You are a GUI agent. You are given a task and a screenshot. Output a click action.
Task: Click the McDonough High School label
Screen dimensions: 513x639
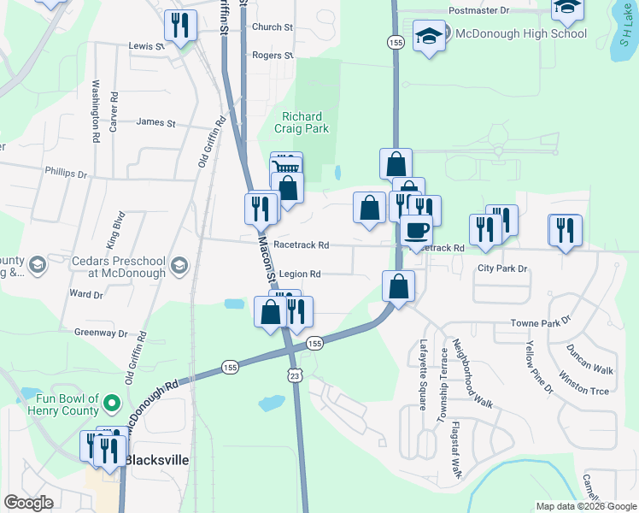520,34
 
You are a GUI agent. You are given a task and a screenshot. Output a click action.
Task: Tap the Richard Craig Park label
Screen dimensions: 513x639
302,122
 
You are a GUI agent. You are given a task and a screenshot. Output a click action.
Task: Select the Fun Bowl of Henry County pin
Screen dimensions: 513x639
111,402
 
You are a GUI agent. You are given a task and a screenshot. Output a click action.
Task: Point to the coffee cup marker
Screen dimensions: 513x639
416,231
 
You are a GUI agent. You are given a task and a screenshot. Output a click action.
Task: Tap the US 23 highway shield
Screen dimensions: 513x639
294,375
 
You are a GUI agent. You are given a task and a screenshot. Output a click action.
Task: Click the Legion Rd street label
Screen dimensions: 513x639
299,274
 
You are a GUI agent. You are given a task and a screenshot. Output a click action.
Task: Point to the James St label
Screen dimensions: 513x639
155,123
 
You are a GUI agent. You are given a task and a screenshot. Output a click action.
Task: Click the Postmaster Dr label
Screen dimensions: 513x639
478,10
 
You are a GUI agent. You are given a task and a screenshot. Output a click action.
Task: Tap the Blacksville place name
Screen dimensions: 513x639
156,459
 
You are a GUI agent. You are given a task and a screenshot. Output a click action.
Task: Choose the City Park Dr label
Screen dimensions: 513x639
503,268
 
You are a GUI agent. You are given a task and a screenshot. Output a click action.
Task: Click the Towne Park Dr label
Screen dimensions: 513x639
540,323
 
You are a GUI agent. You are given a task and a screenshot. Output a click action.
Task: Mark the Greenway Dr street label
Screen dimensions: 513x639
101,333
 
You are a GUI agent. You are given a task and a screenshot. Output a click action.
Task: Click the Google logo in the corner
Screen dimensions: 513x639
28,502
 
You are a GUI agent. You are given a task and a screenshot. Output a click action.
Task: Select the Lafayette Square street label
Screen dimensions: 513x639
423,374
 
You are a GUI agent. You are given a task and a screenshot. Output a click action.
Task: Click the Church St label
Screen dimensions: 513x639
272,27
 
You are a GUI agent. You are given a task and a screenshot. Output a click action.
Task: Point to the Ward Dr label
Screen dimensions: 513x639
86,294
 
